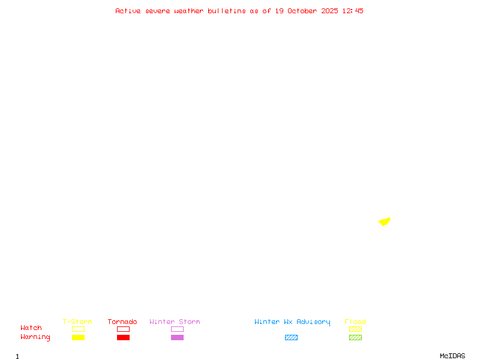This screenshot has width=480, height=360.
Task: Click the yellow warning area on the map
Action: tap(385, 221)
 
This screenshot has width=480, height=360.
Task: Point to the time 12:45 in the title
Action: tap(353, 11)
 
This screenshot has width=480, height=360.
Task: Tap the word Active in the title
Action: tap(128, 11)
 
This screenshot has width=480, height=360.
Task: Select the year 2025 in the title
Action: tap(329, 11)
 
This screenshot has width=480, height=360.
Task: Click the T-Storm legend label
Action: tap(77, 322)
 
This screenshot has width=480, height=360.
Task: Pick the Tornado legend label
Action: tap(122, 322)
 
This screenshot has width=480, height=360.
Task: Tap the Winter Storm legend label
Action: tap(175, 322)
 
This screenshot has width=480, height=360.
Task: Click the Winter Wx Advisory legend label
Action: tap(292, 322)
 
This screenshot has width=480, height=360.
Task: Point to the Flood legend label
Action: tap(355, 322)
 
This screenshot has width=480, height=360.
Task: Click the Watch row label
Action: tap(31, 328)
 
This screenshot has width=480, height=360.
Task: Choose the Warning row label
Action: tap(35, 337)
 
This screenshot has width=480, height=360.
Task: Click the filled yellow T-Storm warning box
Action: tap(78, 337)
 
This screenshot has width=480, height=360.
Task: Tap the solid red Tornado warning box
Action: tap(123, 337)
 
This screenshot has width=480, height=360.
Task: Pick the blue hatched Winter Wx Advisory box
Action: tap(291, 337)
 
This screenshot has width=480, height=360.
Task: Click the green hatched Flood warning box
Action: tap(355, 337)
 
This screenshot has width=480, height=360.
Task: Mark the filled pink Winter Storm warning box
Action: tap(177, 337)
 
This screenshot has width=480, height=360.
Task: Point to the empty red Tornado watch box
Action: tap(123, 329)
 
